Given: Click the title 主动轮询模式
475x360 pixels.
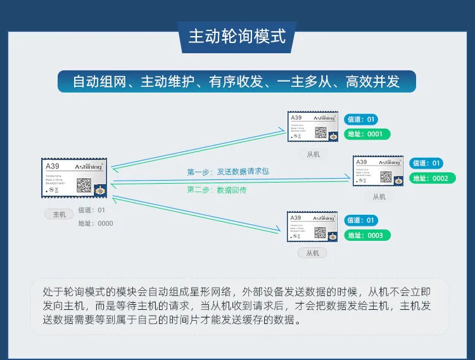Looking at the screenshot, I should point(237,35).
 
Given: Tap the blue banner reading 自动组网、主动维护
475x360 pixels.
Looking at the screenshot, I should point(237,82).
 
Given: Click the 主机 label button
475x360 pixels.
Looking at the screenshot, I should point(59,214).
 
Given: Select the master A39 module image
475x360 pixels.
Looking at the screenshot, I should point(74,177).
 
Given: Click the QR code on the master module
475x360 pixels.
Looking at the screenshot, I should point(84,185).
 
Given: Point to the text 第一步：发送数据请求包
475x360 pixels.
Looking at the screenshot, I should point(228,172).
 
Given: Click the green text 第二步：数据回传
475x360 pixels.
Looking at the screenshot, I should point(217,190).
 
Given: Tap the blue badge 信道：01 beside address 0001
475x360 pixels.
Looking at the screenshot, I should point(361,119).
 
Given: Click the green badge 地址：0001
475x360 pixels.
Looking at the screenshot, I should point(367,134).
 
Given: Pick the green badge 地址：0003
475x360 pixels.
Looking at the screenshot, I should point(367,236).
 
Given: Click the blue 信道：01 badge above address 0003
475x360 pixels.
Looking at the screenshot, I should point(361,221).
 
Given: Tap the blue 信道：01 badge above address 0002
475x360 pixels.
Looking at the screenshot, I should point(426,163).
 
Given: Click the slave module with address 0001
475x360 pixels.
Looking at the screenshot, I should point(312,127).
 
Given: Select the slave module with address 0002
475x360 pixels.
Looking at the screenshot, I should point(378,171).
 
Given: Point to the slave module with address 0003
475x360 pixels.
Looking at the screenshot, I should point(312,227).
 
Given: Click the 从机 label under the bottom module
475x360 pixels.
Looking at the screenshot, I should point(312,253).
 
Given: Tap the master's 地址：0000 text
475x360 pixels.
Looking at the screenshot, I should point(96,223).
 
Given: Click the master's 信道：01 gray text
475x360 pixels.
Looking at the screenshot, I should point(92,210).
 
